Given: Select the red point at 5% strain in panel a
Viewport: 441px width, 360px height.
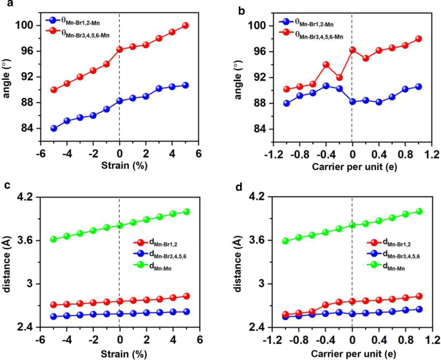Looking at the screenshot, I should click(x=186, y=25).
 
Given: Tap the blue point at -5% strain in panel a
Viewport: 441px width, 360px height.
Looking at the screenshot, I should click(x=53, y=128).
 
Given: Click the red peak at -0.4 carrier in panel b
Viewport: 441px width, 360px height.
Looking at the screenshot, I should click(x=326, y=64).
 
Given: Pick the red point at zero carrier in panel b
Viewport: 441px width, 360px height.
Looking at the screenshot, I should click(x=352, y=50).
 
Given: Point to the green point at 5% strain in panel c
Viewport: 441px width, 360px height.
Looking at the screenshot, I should click(x=186, y=211).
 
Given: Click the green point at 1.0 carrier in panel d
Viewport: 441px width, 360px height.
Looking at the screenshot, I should click(x=418, y=211).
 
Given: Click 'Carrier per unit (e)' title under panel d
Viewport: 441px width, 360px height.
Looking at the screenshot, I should click(x=352, y=354).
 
